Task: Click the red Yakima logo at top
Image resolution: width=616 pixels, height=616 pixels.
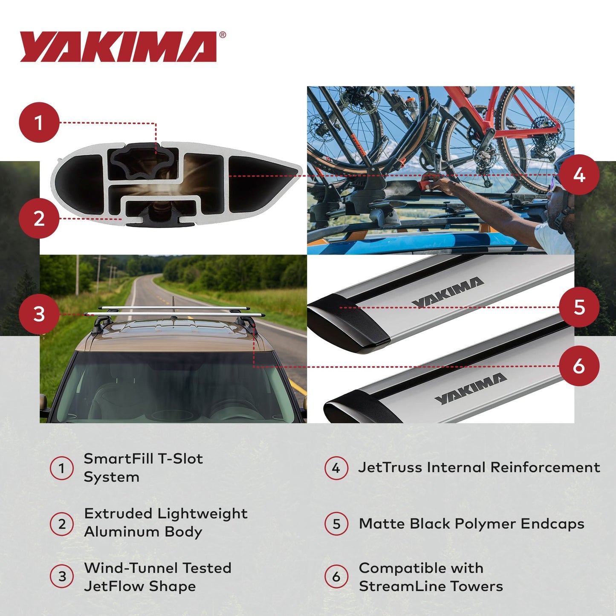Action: pyautogui.click(x=118, y=47)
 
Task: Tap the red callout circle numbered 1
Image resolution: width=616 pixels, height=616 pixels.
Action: pyautogui.click(x=39, y=122)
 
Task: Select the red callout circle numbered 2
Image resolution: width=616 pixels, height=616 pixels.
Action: pyautogui.click(x=39, y=218)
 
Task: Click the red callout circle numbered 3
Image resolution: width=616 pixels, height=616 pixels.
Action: pyautogui.click(x=39, y=314)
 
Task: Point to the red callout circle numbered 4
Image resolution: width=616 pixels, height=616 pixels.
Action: pyautogui.click(x=579, y=175)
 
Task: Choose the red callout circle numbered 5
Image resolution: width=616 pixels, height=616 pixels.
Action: pyautogui.click(x=579, y=307)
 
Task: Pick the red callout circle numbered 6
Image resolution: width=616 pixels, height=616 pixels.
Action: pyautogui.click(x=579, y=366)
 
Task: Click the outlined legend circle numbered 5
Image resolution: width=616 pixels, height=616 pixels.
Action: pyautogui.click(x=336, y=524)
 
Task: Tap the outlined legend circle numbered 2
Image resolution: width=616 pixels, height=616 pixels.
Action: pyautogui.click(x=62, y=524)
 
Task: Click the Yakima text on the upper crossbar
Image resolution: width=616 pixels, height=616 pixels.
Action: pyautogui.click(x=448, y=292)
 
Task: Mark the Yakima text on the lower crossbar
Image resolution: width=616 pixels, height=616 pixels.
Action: pyautogui.click(x=471, y=388)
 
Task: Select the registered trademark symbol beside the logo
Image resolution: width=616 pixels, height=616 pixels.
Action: pyautogui.click(x=223, y=35)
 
